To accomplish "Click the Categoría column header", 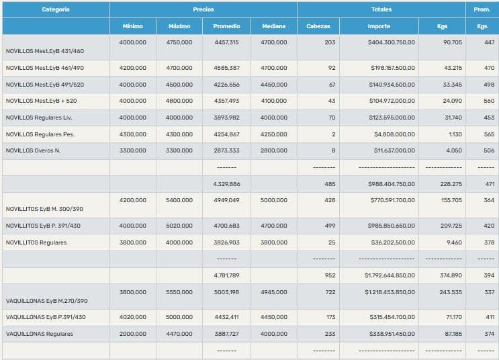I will (55, 9).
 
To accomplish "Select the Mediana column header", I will (273, 26).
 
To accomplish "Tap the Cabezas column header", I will (318, 26).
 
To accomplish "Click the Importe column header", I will (379, 26).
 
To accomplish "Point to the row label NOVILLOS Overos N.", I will (33, 150).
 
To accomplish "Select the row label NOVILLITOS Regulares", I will (36, 242).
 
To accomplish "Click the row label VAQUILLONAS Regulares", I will (39, 334).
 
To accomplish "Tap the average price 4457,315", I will (226, 42).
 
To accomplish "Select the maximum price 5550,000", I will (179, 292).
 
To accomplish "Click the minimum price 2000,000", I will (132, 334).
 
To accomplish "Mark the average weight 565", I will (489, 134).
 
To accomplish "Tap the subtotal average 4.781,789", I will (226, 275).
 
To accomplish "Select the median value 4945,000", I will (274, 292).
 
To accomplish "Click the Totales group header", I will (381, 9).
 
